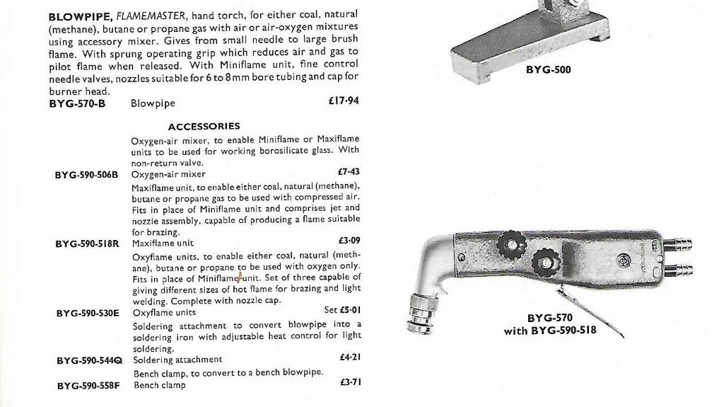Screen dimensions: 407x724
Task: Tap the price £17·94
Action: (344, 101)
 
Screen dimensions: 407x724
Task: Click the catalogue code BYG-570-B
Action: (76, 103)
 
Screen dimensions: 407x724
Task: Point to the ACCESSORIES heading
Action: (204, 127)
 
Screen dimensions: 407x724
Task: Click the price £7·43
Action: (350, 171)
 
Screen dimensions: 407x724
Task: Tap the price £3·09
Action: (350, 241)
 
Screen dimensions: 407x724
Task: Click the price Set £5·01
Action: (342, 309)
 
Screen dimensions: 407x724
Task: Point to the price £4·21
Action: (350, 357)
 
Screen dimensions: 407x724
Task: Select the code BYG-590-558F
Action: (88, 386)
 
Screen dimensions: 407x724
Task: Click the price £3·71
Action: (350, 383)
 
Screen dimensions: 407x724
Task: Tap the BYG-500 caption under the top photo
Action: (548, 70)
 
